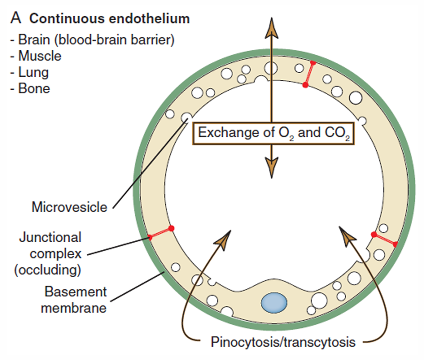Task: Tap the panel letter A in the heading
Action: [x=16, y=20]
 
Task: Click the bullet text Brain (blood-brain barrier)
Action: [x=96, y=40]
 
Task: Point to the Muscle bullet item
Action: [x=39, y=56]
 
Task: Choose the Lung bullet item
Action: [x=33, y=72]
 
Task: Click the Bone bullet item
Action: [x=34, y=88]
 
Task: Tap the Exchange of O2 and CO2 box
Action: [x=273, y=133]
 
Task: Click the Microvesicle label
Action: [x=70, y=207]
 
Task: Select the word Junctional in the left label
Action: [x=51, y=236]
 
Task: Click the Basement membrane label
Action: [x=75, y=300]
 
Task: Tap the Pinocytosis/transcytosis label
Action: [x=283, y=343]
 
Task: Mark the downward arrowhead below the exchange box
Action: [x=271, y=167]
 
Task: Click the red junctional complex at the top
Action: [x=309, y=74]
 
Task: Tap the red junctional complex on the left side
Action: [x=161, y=233]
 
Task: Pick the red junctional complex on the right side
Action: [x=384, y=239]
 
